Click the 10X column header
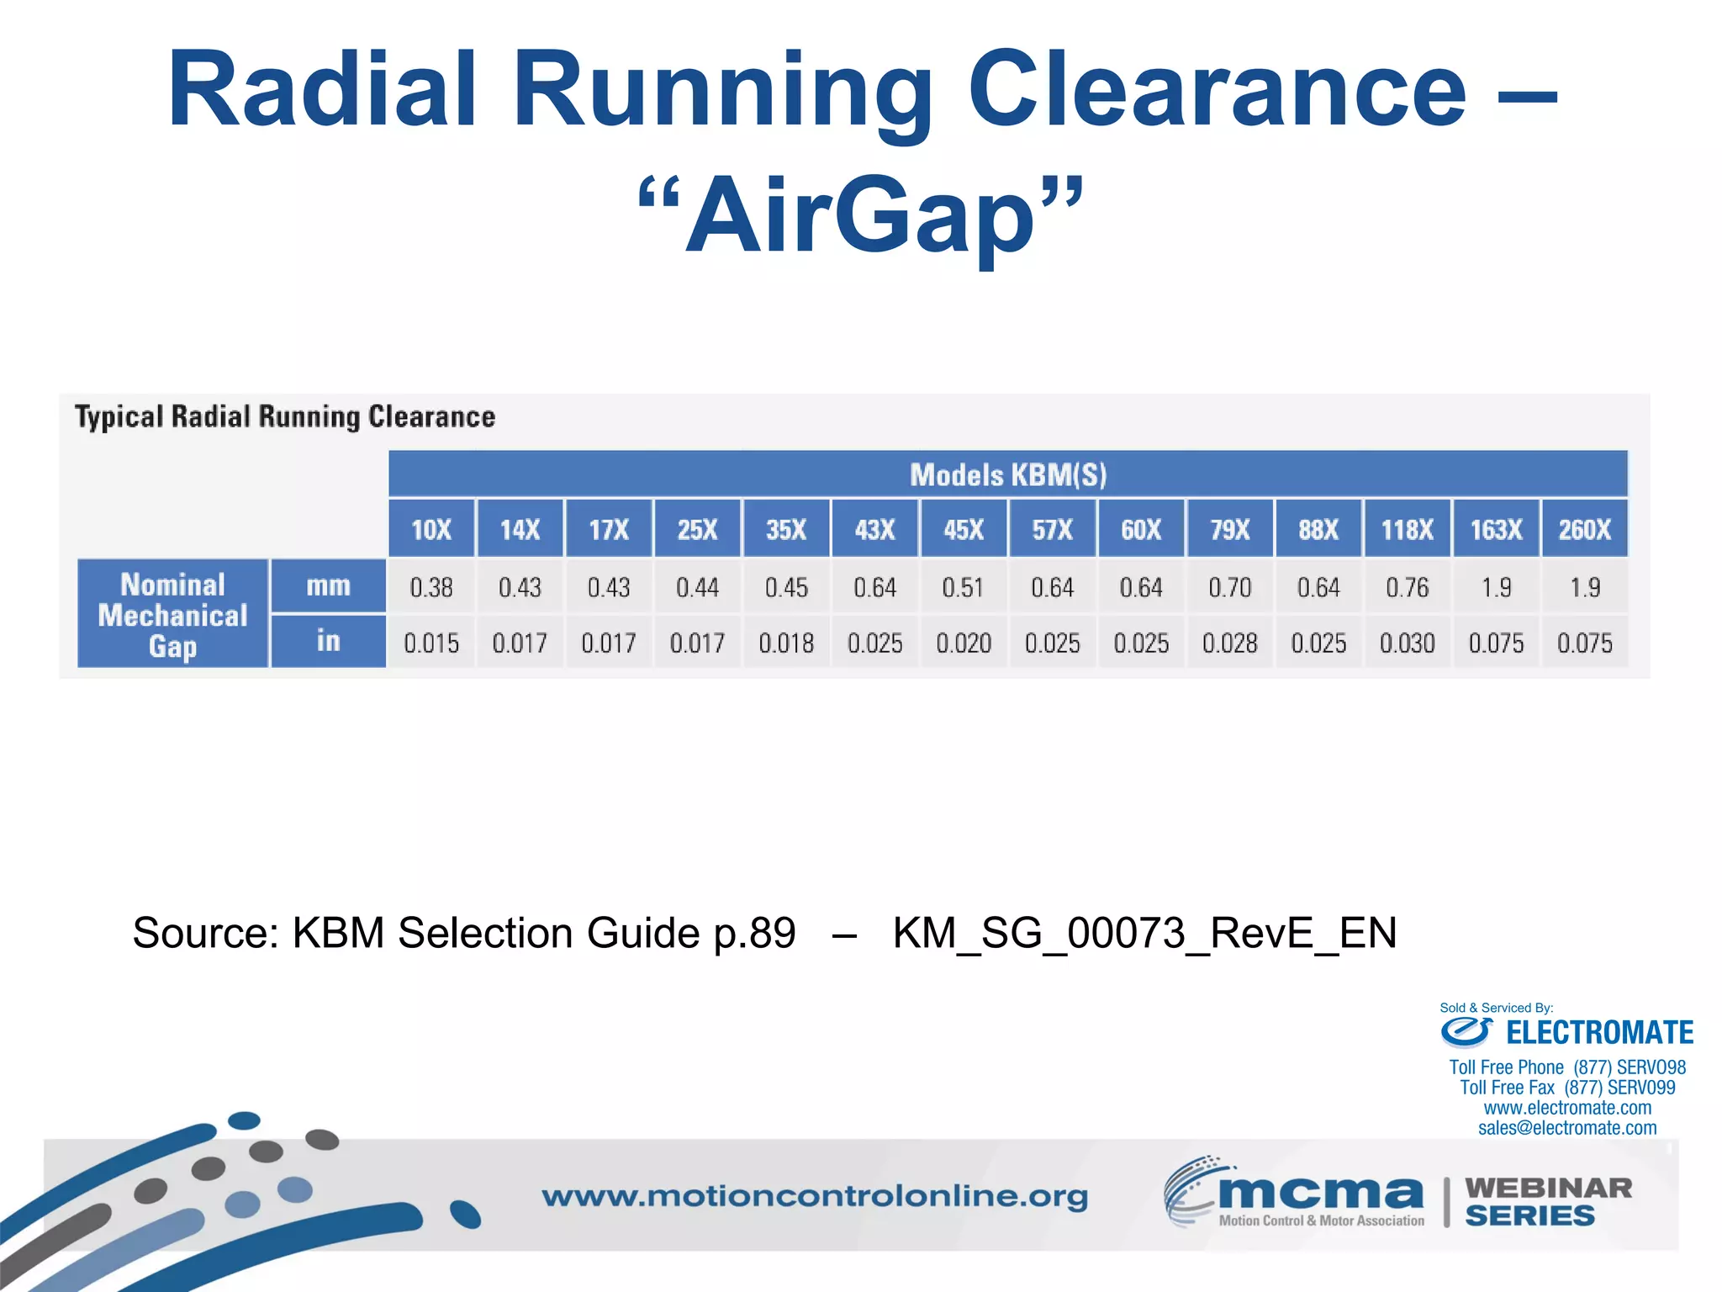point(431,529)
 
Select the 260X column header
point(1584,529)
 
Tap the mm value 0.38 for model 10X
point(431,587)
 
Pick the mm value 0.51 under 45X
point(964,587)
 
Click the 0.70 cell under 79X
point(1229,587)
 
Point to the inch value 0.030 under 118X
point(1407,643)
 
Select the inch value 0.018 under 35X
point(786,643)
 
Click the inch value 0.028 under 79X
point(1229,643)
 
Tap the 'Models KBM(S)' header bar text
point(1007,475)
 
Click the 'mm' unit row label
point(328,585)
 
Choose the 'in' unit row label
point(328,642)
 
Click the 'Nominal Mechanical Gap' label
point(173,615)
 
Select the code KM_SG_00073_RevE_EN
point(1144,933)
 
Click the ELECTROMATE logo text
point(1598,1032)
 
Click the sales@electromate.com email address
point(1567,1128)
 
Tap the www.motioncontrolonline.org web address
point(814,1196)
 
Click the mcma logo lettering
point(1320,1193)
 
